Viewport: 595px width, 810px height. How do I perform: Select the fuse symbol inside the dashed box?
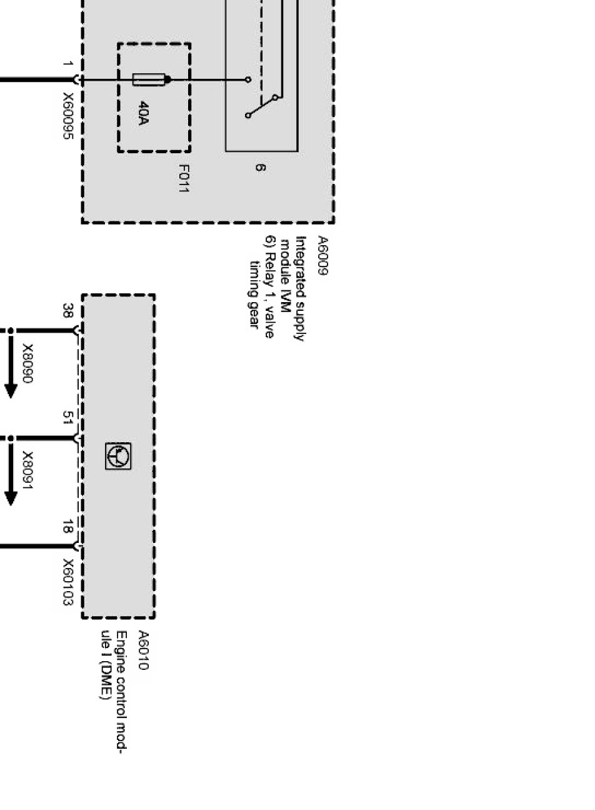click(x=151, y=79)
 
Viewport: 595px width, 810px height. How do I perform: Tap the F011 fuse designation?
click(x=183, y=178)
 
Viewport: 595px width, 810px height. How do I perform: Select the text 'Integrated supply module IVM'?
click(x=294, y=288)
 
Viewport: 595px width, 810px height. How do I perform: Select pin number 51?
click(x=67, y=418)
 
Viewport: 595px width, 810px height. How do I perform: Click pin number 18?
click(x=67, y=529)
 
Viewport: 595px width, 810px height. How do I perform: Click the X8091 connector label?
click(x=28, y=470)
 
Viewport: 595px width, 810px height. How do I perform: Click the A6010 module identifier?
click(x=142, y=651)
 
